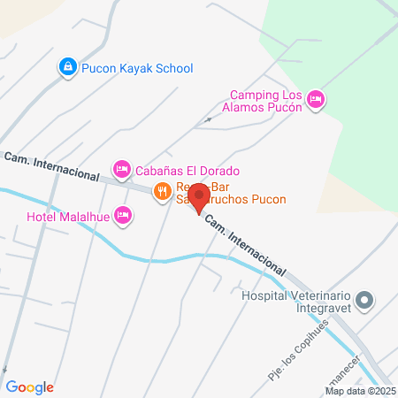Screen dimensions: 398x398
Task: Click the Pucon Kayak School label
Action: pos(137,68)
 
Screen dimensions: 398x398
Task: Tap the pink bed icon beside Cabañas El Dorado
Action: pos(122,168)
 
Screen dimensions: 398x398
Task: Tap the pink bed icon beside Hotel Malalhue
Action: pos(123,215)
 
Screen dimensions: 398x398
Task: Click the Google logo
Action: pos(30,387)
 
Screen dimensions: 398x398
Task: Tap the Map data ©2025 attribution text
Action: pos(360,390)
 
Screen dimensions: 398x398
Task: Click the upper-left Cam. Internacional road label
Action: pos(50,167)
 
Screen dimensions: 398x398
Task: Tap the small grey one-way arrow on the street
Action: pos(209,119)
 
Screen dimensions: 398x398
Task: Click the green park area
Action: pos(354,53)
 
